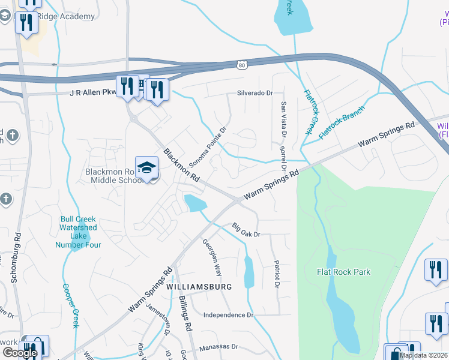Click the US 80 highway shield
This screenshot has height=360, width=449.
click(x=241, y=65)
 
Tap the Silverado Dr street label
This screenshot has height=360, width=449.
click(x=255, y=93)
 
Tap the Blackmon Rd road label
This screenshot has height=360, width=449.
click(x=181, y=165)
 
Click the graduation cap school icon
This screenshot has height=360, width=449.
click(x=146, y=169)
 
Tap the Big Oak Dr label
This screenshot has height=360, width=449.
click(x=246, y=230)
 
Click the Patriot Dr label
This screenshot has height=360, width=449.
click(x=277, y=273)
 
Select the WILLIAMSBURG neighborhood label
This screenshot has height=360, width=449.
click(x=199, y=287)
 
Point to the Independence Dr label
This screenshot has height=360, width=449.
click(x=229, y=315)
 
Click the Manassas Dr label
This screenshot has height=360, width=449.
click(x=218, y=347)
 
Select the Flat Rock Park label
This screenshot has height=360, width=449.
click(x=343, y=272)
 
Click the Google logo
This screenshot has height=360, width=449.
click(x=20, y=353)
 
